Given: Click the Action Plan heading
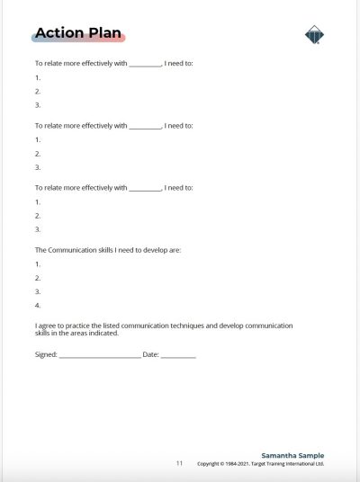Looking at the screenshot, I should [x=79, y=34].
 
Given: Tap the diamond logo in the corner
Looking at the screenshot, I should [x=314, y=35].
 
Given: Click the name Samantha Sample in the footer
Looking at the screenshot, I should [x=292, y=456].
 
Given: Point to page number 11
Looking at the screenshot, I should [x=179, y=463].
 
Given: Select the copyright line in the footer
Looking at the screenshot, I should [x=260, y=464].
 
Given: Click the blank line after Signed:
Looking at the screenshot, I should [x=100, y=356].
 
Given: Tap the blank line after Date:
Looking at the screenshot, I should [x=178, y=356].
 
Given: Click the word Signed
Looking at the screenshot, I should [x=45, y=355].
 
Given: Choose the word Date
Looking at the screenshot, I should [x=149, y=355].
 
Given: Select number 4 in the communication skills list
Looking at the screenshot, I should [x=37, y=306].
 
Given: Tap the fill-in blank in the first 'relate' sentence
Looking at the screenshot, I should [x=145, y=65].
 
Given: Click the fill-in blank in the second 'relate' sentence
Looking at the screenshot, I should [x=145, y=126].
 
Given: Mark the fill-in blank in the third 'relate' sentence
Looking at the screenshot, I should [x=145, y=188].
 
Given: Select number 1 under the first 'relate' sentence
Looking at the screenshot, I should [x=37, y=77].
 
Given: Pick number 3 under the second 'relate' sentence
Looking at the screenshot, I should [x=37, y=167].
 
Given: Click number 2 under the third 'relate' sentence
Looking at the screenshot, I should [x=37, y=216].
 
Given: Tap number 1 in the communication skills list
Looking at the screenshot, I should [x=37, y=264].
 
